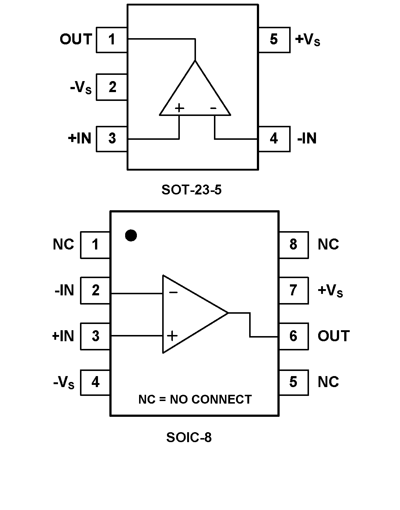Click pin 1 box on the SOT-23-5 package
[112, 40]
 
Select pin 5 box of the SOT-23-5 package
[274, 40]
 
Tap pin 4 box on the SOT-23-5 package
[274, 139]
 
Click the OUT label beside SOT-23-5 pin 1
[76, 39]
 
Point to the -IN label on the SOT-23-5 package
[307, 139]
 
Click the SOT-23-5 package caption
[192, 190]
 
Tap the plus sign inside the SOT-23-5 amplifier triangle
[179, 108]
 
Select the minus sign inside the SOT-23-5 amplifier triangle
[213, 108]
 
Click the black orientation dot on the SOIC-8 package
[131, 235]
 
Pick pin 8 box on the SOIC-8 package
[293, 245]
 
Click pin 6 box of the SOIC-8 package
[293, 336]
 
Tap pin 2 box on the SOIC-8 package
[95, 291]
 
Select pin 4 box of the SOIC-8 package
[95, 382]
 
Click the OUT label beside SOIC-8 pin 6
[334, 336]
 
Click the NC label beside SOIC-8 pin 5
[328, 382]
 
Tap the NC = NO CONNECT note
[195, 399]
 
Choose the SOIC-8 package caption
[189, 437]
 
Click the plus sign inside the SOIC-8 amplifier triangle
[172, 336]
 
